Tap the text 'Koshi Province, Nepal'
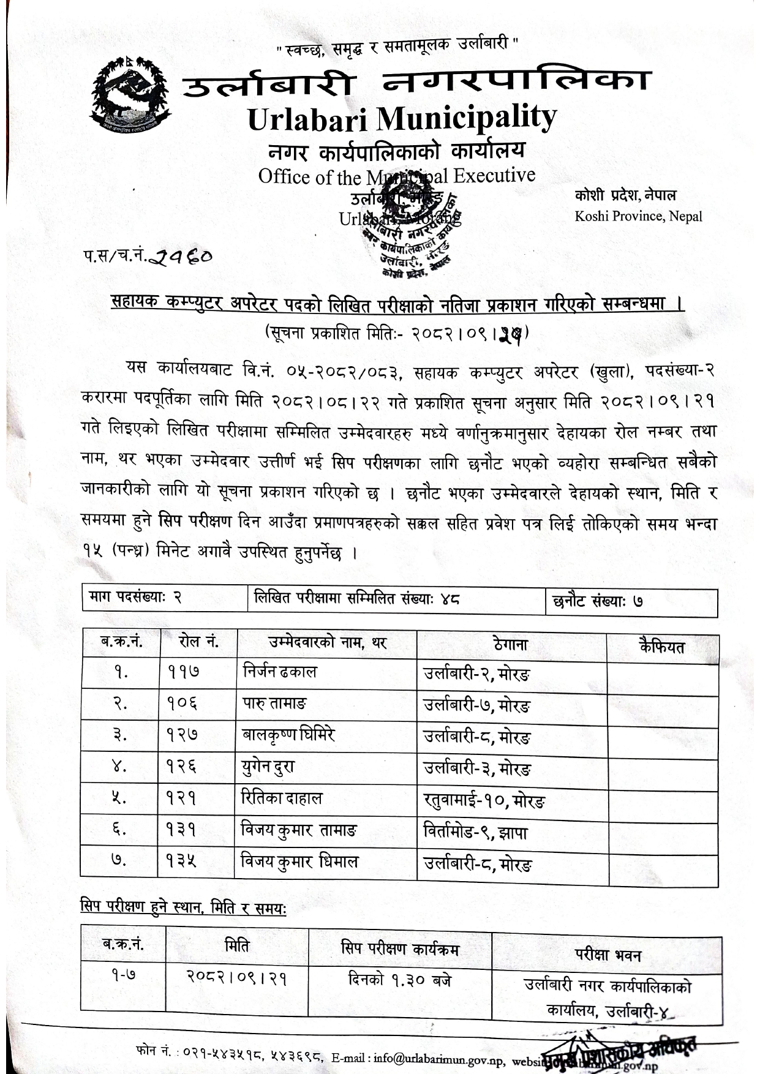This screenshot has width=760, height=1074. (x=638, y=216)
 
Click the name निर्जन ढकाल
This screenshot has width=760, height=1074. (x=279, y=672)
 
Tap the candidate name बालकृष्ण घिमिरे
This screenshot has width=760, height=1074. (x=288, y=735)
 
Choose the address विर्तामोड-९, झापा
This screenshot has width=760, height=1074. (x=475, y=831)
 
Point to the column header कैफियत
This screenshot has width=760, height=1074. (x=661, y=647)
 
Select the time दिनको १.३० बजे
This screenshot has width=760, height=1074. (x=399, y=980)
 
